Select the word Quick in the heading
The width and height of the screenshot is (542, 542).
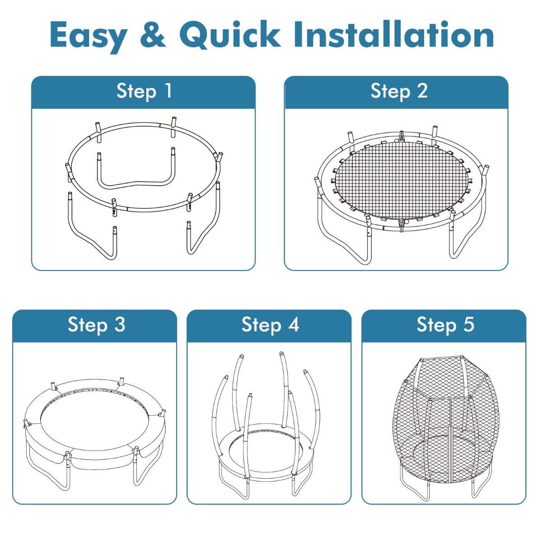coord(230,35)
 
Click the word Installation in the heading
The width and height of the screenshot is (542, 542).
coord(393,34)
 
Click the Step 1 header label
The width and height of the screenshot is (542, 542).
coord(144,91)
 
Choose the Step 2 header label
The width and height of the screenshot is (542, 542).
coord(399,91)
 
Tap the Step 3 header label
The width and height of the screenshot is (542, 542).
coord(97,325)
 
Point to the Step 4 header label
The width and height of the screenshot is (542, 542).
coord(270,325)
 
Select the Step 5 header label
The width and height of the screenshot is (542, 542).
coord(445,325)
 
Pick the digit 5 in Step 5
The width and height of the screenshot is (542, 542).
coord(468,324)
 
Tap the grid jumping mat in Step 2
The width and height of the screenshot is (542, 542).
coord(402,181)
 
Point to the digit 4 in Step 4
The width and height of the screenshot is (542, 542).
coord(294,324)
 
